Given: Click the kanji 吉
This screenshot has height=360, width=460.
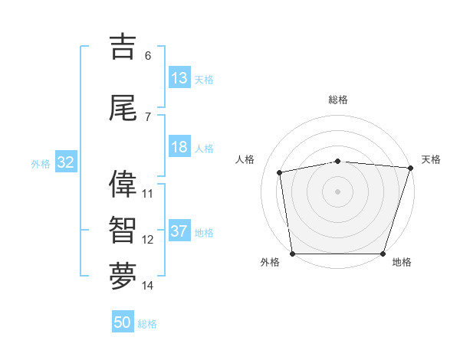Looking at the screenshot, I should (x=123, y=47).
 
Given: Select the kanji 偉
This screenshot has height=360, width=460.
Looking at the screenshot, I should (x=123, y=185).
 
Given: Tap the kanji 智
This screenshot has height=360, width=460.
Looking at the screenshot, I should (x=123, y=231).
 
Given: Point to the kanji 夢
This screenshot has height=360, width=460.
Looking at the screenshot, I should (x=123, y=277).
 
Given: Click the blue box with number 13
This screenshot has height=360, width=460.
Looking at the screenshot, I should (x=179, y=78).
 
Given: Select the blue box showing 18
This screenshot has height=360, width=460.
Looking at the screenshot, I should (x=179, y=147).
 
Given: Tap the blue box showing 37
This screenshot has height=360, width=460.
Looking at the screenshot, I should (x=179, y=231).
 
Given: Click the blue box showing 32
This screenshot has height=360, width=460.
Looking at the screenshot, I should (x=65, y=162).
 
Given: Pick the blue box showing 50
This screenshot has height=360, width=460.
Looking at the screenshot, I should (x=123, y=323).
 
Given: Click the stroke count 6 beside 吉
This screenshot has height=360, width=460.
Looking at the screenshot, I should (x=148, y=56).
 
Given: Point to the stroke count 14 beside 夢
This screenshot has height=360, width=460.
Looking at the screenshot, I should (x=148, y=286).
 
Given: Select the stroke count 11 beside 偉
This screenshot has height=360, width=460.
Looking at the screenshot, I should (x=148, y=194).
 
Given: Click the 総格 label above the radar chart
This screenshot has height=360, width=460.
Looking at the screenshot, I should (x=338, y=100).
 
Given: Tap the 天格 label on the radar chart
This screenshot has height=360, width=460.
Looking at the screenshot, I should (x=431, y=159).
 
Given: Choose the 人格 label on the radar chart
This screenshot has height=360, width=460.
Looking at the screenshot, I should (x=245, y=159).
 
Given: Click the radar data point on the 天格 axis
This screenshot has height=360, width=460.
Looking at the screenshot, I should (x=410, y=168).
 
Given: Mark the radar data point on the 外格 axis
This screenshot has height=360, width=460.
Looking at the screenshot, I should (x=292, y=254).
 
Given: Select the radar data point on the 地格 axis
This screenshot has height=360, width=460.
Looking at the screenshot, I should (x=383, y=254).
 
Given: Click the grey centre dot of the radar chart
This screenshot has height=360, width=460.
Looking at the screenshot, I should (x=337, y=191).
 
